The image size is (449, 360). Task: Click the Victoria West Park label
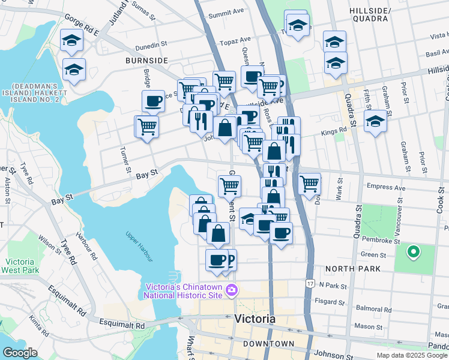[x=22, y=266]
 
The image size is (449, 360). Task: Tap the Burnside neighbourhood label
[x=146, y=61]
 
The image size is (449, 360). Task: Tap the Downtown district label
[x=268, y=344]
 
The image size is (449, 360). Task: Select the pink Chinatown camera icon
[x=232, y=292]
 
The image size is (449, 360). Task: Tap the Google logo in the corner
[x=20, y=353]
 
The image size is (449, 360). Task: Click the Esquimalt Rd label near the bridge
[x=124, y=325]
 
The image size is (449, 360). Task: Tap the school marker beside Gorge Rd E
[x=71, y=42]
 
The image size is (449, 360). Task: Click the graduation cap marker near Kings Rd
[x=375, y=121]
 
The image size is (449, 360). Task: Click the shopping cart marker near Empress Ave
[x=309, y=184]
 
